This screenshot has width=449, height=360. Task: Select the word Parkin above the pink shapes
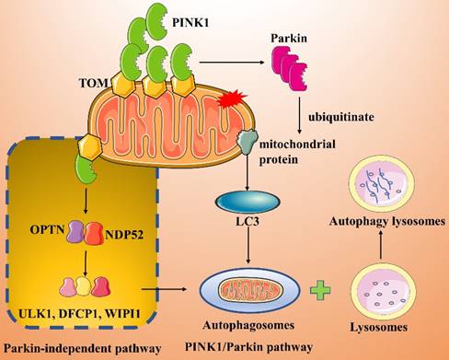click(286, 40)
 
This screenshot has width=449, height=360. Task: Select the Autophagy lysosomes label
click(395, 223)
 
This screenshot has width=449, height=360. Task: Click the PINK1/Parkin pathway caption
click(247, 344)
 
